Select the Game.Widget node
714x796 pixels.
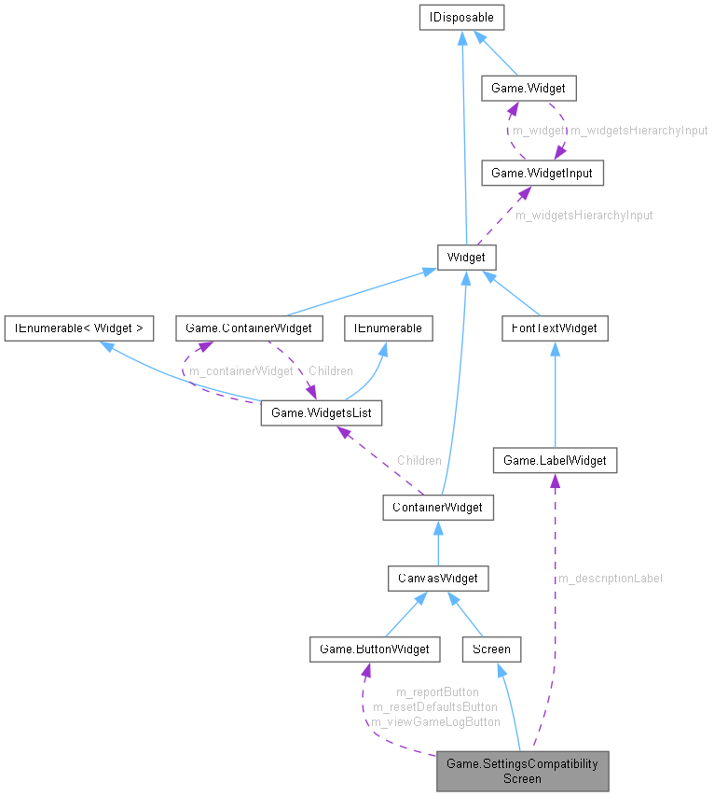pos(528,89)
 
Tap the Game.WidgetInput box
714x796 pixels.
pos(534,173)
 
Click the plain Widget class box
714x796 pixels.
pos(467,256)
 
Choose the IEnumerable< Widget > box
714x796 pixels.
pos(78,328)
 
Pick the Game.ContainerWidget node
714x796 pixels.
pos(249,328)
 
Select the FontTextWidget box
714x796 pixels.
pos(555,328)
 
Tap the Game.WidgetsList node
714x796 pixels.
pos(321,412)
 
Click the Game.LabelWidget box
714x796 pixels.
pos(555,460)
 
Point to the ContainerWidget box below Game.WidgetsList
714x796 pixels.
pos(438,507)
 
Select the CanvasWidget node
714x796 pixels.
pos(438,578)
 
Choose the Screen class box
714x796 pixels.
pos(491,649)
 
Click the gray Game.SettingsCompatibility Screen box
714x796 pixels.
pos(522,771)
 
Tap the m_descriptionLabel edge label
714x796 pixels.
pos(611,579)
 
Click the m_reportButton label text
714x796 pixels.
pos(437,691)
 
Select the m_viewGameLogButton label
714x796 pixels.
pos(435,721)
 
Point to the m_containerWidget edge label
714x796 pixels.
pos(241,371)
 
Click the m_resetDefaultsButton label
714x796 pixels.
pos(435,706)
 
